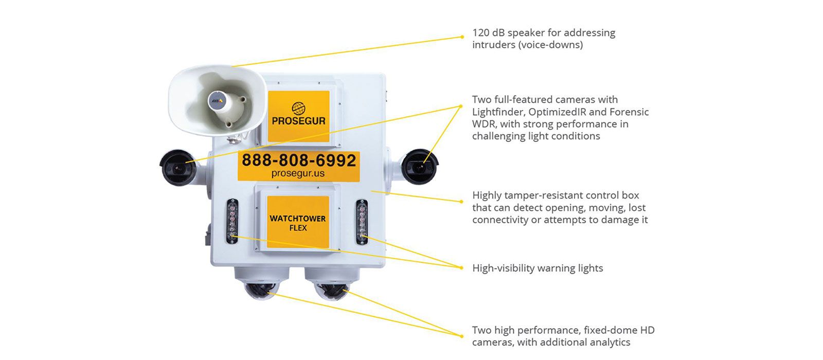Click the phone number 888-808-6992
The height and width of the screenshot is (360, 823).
click(299, 160)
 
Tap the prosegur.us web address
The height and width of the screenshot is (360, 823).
click(298, 173)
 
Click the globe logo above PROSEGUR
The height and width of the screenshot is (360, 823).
click(298, 109)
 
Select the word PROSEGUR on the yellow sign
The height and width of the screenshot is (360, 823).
click(298, 121)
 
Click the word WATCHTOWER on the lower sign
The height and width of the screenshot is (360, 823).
click(298, 219)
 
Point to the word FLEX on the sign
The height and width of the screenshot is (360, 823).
click(298, 228)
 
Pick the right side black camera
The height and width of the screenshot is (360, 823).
click(420, 167)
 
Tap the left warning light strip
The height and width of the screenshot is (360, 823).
click(232, 221)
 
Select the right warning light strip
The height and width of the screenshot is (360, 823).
click(362, 222)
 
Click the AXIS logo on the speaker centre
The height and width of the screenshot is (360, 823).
click(217, 100)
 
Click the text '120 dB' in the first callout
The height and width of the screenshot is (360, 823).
click(488, 33)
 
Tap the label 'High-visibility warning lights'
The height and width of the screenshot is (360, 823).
click(538, 268)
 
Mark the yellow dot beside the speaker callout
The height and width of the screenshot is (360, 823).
click(462, 37)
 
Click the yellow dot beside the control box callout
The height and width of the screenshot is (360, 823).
click(461, 202)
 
